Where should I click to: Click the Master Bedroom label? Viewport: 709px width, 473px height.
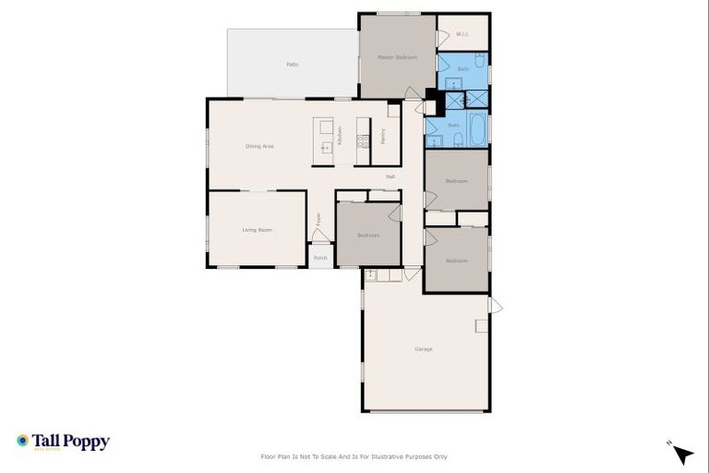coord(397,57)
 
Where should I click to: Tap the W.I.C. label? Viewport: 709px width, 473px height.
coord(463,35)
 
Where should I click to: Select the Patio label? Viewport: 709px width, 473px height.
coord(292,65)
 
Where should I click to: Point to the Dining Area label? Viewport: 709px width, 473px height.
coord(259,146)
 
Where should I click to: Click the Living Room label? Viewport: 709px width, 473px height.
coord(257,229)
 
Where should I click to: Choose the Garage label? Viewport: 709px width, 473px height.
coord(424,349)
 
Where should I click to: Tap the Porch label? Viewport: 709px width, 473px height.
coord(320,258)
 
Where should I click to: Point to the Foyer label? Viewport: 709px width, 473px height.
coord(319,219)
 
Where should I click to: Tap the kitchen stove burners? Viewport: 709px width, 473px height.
coord(364,141)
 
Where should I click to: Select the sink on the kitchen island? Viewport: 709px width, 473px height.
coord(325,147)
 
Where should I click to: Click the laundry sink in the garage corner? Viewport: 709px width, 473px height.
coord(370,274)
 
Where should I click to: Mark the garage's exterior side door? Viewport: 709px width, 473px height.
coord(495,305)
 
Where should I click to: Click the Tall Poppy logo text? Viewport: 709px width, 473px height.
coord(70,442)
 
